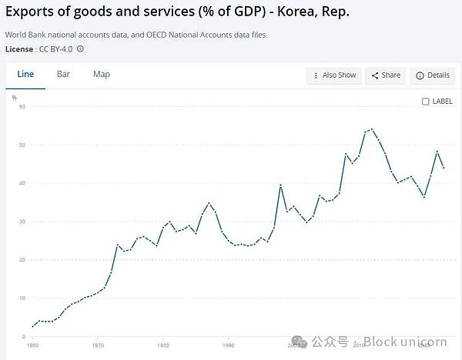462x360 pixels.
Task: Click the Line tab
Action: coord(25,75)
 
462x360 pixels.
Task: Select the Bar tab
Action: coord(63,75)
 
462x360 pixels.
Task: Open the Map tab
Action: coord(102,75)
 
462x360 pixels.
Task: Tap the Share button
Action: coord(386,75)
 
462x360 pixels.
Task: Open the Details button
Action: coord(432,75)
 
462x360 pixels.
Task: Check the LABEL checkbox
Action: coord(426,102)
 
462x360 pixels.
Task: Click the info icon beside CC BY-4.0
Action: coord(81,48)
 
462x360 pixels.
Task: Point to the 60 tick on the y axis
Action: coord(22,106)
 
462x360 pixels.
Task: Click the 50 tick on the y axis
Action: coord(22,145)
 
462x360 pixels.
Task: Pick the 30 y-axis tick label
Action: coord(22,222)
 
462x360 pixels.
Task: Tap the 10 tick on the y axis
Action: coord(22,298)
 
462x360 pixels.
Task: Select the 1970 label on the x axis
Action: coord(98,345)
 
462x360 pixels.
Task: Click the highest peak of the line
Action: coord(372,129)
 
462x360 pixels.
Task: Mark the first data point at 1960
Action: coord(32,327)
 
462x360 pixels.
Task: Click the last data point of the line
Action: coord(444,168)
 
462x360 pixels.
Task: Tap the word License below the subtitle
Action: coord(19,48)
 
